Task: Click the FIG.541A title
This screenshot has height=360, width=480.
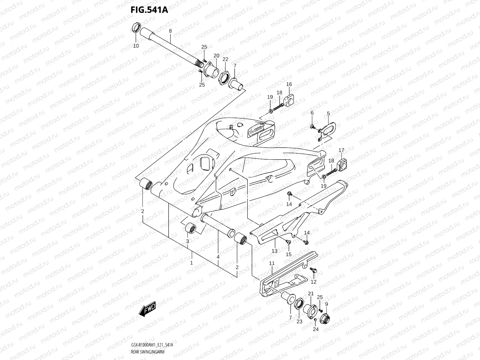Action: [x=149, y=10]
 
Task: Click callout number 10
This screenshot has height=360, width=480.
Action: [x=136, y=46]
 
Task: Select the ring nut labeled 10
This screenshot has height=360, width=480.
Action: [x=136, y=28]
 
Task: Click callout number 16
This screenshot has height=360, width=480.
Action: [x=289, y=84]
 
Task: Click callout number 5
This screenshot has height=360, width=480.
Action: [x=328, y=113]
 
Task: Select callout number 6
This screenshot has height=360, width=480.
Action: [x=312, y=113]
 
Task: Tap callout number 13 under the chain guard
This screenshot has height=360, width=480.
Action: [x=274, y=251]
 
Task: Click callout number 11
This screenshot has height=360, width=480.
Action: [x=272, y=263]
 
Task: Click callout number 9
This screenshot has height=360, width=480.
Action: [x=326, y=304]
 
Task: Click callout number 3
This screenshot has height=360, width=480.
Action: [x=187, y=241]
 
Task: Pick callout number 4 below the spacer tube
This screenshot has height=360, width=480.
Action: [x=218, y=257]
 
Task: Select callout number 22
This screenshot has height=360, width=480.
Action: [x=225, y=59]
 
